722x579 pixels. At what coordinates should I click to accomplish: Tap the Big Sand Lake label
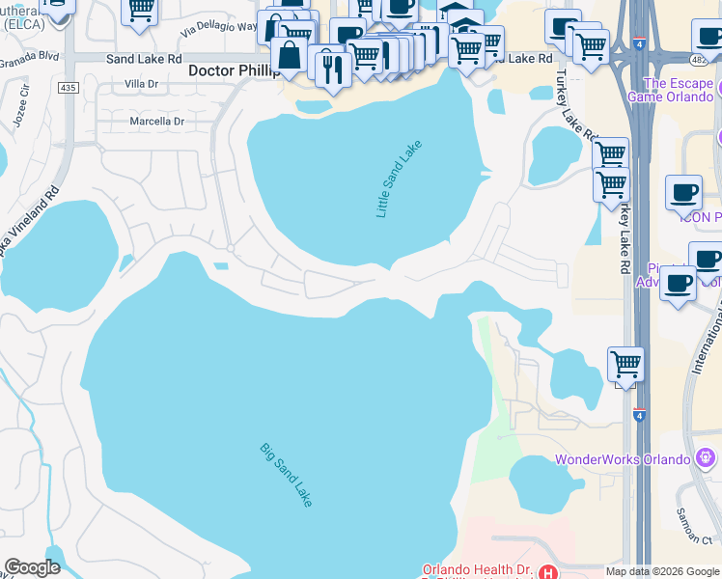click(286, 475)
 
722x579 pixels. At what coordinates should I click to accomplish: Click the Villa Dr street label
click(141, 85)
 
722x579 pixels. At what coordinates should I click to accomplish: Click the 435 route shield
click(67, 87)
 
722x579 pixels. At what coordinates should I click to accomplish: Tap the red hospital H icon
click(547, 571)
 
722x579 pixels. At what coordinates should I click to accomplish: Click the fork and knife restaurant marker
click(333, 69)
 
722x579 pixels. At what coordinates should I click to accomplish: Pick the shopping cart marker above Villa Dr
click(140, 11)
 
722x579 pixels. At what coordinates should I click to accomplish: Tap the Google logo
click(32, 567)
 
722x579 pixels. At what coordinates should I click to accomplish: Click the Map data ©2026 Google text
click(661, 571)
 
